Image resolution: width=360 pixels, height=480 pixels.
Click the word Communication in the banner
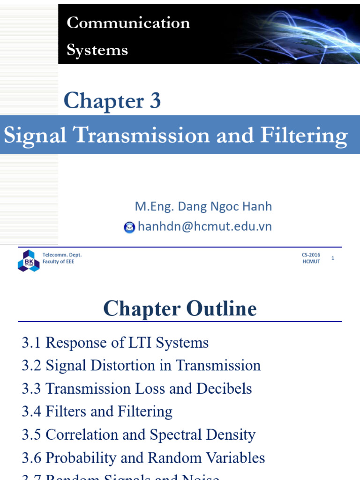point(128,23)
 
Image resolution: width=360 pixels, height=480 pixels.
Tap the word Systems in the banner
point(97,50)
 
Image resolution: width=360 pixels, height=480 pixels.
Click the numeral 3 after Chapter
point(155,101)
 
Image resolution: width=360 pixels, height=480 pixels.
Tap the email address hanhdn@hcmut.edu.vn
point(204,227)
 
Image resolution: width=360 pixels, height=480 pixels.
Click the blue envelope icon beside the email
point(129,227)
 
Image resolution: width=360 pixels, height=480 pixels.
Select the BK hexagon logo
point(28,260)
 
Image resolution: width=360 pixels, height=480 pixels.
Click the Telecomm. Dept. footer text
point(62,255)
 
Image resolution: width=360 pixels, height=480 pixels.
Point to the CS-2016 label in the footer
point(311,255)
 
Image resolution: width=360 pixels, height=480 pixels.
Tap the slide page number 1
point(333,258)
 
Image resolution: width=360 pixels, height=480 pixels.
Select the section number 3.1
point(31,343)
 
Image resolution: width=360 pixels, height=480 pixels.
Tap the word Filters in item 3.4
point(66,412)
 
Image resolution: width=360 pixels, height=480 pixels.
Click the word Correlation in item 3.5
point(82,435)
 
